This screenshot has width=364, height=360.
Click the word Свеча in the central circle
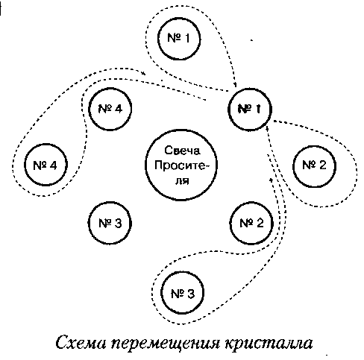pos(182,151)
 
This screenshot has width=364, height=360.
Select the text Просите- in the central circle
pos(181,165)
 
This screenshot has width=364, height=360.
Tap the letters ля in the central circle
pos(182,180)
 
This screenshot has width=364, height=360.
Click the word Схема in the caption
pos(81,343)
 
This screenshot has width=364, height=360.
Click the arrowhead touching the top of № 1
pos(234,84)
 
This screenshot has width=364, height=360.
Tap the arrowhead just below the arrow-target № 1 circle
pos(266,130)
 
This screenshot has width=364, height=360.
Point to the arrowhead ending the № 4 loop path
pos(143,73)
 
